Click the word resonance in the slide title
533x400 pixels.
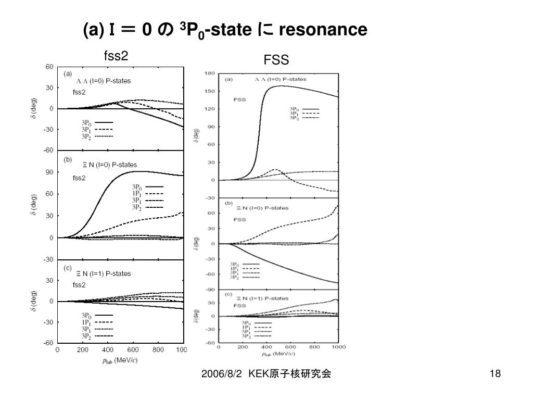pos(323,30)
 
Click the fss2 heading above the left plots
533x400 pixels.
pos(116,56)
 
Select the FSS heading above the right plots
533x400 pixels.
pos(276,60)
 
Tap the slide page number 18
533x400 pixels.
pos(495,374)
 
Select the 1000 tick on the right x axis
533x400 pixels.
pos(339,347)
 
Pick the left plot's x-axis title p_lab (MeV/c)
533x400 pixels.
pos(119,359)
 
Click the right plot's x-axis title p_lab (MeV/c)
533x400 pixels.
pos(279,354)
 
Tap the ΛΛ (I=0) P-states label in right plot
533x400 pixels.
pos(281,79)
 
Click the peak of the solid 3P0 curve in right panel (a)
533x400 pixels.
pos(281,85)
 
